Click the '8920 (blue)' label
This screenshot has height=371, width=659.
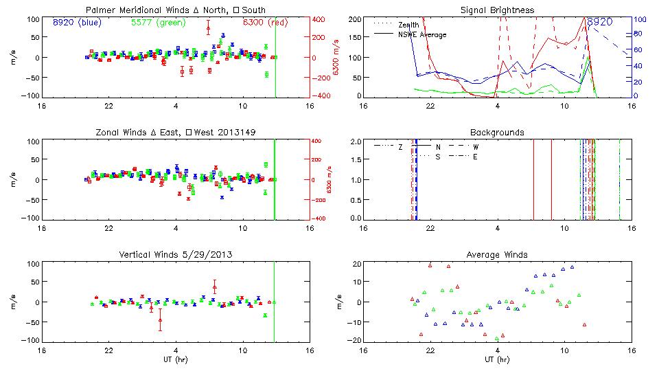[75, 23]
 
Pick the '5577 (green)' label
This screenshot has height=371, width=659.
[154, 23]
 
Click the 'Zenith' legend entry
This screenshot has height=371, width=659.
[408, 25]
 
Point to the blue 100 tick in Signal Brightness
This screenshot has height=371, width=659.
[636, 19]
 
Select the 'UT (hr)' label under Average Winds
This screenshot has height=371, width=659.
[494, 359]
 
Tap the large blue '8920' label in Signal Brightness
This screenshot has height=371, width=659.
[599, 22]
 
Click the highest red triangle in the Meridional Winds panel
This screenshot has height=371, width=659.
[208, 26]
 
